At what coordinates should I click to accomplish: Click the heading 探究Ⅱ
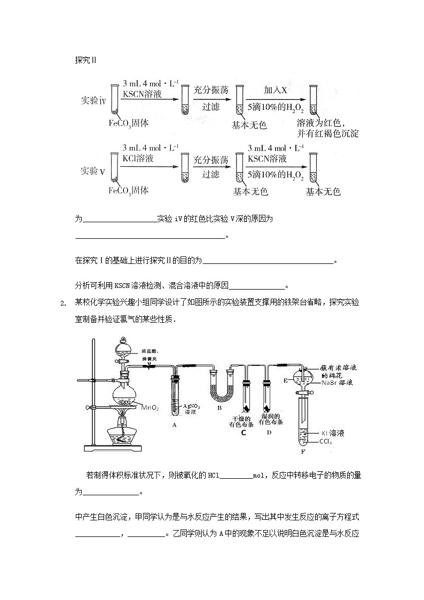(85, 60)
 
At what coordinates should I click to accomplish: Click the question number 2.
(63, 303)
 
